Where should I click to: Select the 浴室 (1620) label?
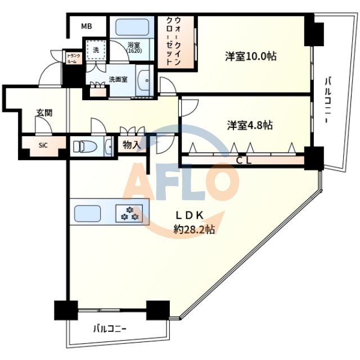pos(134,48)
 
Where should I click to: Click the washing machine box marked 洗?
pos(96,50)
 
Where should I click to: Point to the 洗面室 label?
pos(118,79)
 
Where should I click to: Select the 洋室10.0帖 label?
pos(250,56)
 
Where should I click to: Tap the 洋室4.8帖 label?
pos(250,125)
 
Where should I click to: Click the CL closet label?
pos(243,161)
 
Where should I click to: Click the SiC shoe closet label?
pos(43,145)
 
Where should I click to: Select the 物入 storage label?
pos(132,145)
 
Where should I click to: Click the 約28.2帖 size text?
pos(194,229)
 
